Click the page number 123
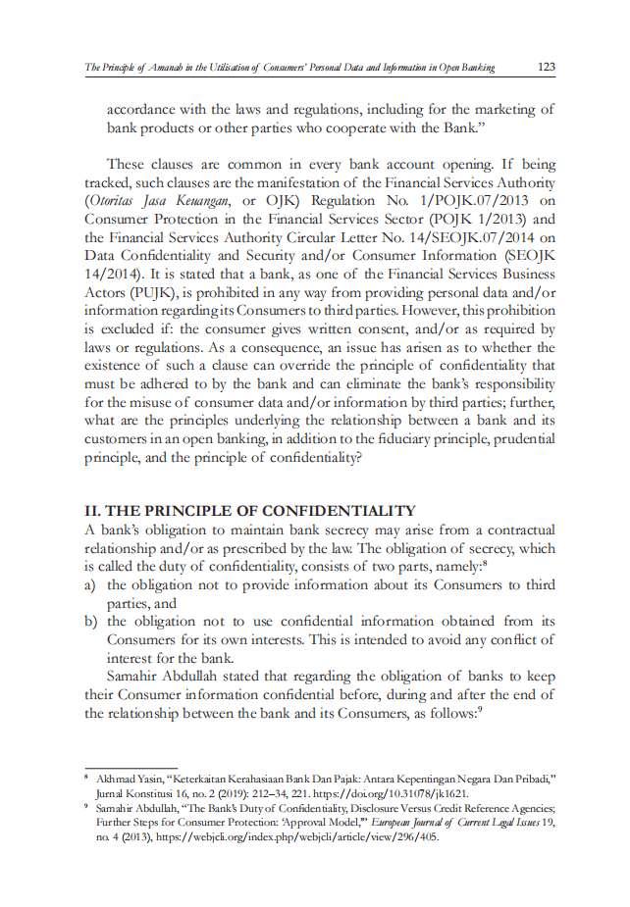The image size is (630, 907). click(x=547, y=67)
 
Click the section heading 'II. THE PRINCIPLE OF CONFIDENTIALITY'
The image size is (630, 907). click(x=250, y=511)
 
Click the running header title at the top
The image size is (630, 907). click(x=289, y=68)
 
